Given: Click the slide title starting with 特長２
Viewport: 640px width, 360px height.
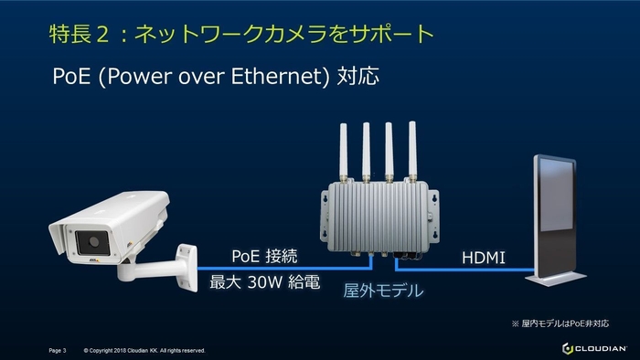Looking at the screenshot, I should pyautogui.click(x=240, y=35).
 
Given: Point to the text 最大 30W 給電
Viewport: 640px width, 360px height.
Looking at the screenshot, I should pyautogui.click(x=265, y=282).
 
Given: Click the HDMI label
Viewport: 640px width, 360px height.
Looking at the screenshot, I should pyautogui.click(x=484, y=259).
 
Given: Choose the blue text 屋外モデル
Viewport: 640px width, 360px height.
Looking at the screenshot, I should pyautogui.click(x=382, y=291).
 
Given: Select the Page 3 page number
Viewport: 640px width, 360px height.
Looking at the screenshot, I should pyautogui.click(x=58, y=350).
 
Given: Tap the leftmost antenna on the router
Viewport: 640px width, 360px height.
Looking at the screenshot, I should pyautogui.click(x=346, y=151).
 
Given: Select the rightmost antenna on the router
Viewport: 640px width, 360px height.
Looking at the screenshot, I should pyautogui.click(x=412, y=151).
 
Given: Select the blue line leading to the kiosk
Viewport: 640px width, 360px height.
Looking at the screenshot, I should pyautogui.click(x=466, y=269).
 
